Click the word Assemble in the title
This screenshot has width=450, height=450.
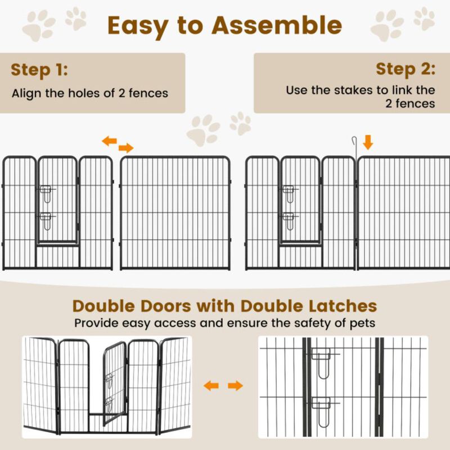tap(276, 25)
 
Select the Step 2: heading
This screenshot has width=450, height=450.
tap(406, 69)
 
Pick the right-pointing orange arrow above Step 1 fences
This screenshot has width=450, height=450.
tap(127, 148)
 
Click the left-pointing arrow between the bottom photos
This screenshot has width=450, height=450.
tap(211, 386)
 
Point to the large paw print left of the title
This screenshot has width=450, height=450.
tap(39, 25)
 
